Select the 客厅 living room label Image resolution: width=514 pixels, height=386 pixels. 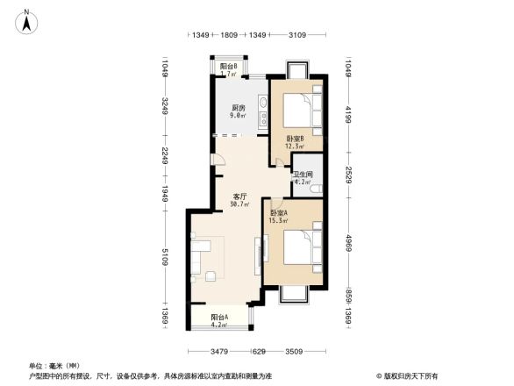[x=239, y=196]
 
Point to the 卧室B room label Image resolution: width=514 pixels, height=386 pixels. [x=294, y=139]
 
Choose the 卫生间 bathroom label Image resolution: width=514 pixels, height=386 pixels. [x=304, y=174]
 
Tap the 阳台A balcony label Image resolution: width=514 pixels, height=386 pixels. [x=219, y=317]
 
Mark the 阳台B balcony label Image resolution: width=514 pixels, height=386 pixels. [x=228, y=67]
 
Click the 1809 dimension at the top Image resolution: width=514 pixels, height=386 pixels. [x=229, y=35]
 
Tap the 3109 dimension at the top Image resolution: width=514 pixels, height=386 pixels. [x=296, y=35]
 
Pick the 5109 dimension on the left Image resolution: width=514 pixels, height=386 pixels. [x=164, y=259]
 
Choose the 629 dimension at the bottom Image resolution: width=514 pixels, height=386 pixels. [x=259, y=352]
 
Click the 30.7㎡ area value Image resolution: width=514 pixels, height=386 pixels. [x=239, y=204]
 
